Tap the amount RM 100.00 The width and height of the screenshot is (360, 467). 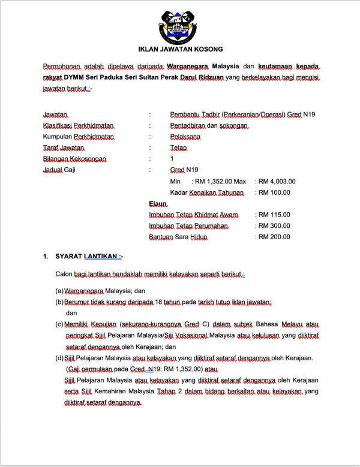274,192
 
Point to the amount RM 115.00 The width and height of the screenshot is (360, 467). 274,215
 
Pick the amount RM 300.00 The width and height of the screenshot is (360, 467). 274,226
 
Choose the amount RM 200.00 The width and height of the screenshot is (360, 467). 274,237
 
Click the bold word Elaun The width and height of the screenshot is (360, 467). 158,204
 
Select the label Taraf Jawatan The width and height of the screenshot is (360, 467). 64,147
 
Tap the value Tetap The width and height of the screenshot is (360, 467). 179,147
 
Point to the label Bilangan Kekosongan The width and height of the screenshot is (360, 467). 74,159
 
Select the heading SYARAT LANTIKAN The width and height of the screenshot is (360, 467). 88,257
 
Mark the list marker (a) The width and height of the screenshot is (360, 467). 59,291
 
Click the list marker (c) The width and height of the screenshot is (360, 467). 59,324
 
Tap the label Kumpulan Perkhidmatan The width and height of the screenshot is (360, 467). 78,137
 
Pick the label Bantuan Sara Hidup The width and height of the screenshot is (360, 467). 179,237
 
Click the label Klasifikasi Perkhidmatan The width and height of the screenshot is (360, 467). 79,125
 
